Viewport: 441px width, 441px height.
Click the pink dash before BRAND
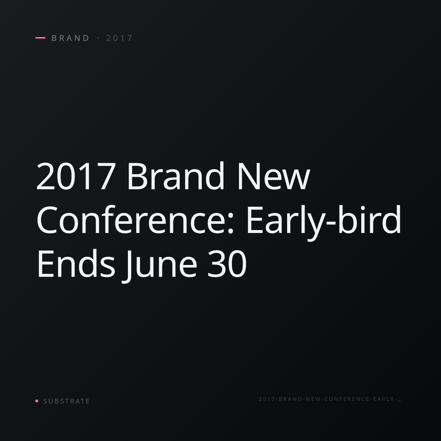point(40,38)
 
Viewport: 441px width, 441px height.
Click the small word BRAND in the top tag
point(70,38)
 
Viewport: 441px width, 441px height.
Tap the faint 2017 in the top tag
point(119,38)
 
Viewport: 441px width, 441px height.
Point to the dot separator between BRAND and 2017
point(98,38)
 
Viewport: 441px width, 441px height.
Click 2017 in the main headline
point(76,176)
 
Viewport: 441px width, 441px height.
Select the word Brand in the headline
point(176,175)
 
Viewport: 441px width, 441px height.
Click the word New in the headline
point(274,176)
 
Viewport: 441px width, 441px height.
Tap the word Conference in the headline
point(131,219)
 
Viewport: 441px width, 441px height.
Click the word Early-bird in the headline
point(324,222)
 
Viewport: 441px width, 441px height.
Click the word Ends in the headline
point(76,263)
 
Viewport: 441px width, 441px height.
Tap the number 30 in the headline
point(227,263)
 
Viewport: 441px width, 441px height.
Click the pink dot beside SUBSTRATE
point(37,401)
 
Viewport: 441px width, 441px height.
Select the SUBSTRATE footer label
point(67,401)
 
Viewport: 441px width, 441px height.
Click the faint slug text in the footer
point(330,399)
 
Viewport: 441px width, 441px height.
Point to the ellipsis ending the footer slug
point(399,401)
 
